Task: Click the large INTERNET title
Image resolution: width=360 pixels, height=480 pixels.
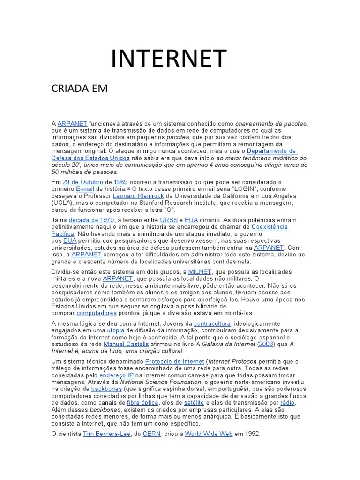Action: [x=169, y=58]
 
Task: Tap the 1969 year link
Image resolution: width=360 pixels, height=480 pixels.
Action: [x=121, y=182]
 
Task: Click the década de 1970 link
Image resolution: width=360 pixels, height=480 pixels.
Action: [x=91, y=220]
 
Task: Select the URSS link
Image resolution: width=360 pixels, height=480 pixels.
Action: [x=169, y=220]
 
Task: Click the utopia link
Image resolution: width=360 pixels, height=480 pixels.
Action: [x=116, y=330]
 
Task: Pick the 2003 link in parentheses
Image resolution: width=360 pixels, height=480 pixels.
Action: [x=267, y=344]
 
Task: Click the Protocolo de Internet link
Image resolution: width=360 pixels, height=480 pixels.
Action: [x=175, y=361]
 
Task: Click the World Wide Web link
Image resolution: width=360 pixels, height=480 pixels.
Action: [x=209, y=434]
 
